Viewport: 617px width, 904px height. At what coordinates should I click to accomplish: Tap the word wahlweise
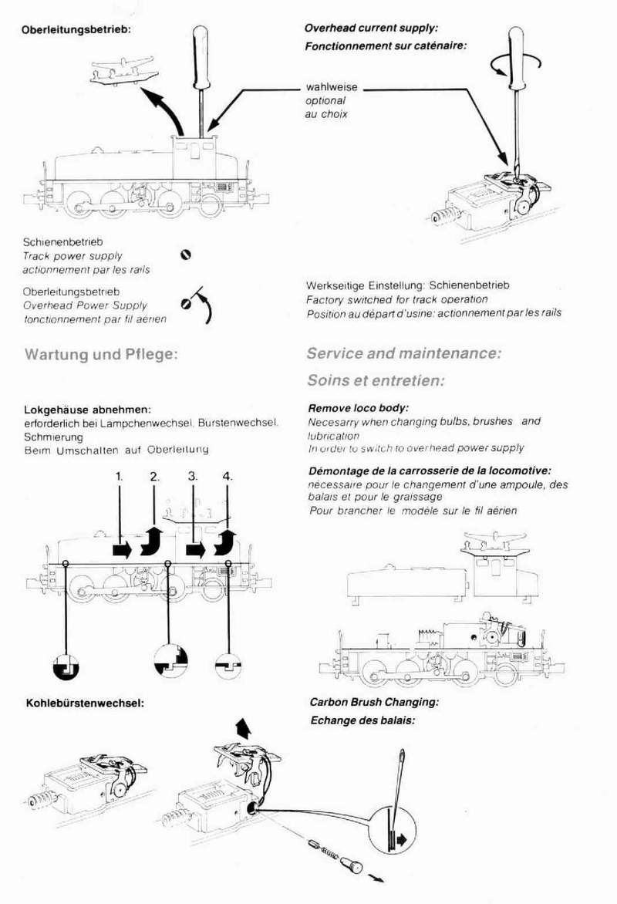[332, 88]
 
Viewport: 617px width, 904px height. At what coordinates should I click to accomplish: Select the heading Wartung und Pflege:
[102, 356]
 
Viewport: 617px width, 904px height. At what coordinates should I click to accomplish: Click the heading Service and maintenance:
[404, 354]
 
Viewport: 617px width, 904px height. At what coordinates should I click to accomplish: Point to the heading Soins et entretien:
[376, 381]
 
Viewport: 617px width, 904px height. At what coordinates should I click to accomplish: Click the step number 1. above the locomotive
[120, 477]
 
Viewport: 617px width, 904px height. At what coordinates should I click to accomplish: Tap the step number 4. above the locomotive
[227, 477]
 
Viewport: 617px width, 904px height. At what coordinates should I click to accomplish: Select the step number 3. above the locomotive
[193, 477]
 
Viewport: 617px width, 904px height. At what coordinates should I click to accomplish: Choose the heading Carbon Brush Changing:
[374, 703]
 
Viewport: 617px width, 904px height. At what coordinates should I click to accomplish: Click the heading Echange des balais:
[362, 720]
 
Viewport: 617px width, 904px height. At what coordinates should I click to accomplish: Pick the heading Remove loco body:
[358, 408]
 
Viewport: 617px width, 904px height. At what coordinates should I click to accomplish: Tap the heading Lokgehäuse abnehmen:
[87, 409]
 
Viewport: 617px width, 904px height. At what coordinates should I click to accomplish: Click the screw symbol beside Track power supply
[185, 255]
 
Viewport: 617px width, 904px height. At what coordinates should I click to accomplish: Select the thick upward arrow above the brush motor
[243, 727]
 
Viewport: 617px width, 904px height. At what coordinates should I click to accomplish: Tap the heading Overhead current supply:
[371, 28]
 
